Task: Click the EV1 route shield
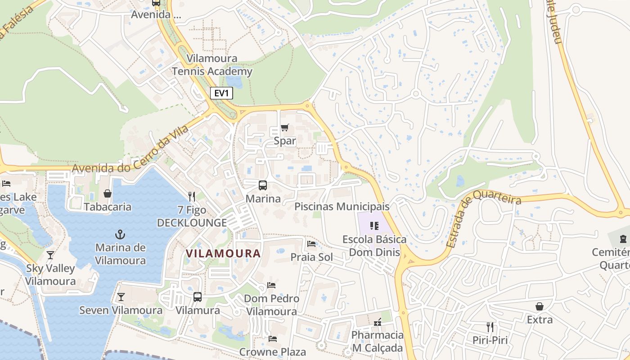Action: point(221,94)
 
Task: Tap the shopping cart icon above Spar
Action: point(284,128)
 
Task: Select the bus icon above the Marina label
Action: point(263,185)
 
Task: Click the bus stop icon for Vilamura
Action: point(198,297)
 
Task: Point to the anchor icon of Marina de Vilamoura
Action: point(120,234)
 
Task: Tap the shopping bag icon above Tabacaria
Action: point(108,193)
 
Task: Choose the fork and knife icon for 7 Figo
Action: point(192,196)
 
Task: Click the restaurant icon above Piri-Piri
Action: point(490,327)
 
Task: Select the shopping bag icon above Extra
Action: point(540,306)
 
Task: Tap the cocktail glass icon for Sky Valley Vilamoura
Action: point(50,255)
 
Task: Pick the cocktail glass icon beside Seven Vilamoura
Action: point(121,297)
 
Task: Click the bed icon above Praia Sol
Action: point(311,244)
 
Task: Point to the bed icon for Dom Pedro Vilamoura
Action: point(271,285)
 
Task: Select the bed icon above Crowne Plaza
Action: point(272,338)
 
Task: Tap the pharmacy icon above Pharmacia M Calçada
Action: point(378,322)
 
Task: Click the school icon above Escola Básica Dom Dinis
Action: point(374,226)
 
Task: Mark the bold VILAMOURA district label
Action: point(223,253)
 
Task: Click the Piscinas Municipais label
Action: point(342,207)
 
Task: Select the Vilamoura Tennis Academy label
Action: point(212,65)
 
